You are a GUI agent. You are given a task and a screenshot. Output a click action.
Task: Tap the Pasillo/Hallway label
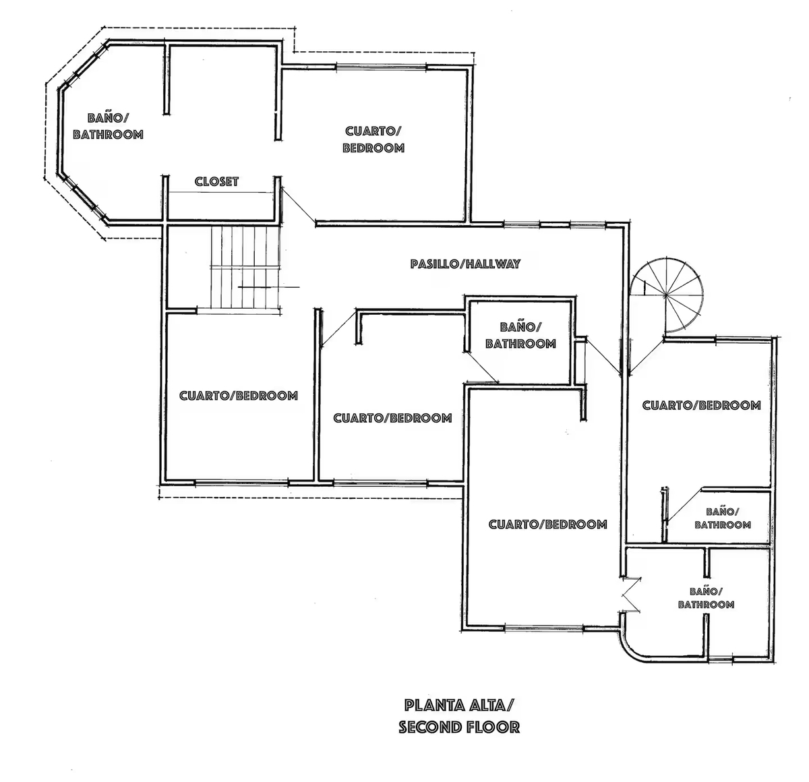pos(465,264)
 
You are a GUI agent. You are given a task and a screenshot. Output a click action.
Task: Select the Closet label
pos(216,181)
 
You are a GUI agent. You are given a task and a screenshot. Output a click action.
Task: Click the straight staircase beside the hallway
pos(245,268)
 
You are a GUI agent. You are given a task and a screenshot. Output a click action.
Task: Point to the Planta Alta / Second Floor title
pos(459,716)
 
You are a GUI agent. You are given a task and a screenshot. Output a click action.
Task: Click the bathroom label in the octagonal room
pos(108,126)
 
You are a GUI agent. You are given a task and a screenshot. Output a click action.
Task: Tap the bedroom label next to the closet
pos(373,140)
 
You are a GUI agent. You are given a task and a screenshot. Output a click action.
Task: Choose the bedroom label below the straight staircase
pos(239,395)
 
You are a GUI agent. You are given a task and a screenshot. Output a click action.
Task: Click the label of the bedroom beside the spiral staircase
pos(702,405)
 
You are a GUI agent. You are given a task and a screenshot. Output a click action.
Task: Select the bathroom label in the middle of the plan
pos(521,336)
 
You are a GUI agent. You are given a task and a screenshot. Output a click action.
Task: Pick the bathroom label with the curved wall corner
pos(706,598)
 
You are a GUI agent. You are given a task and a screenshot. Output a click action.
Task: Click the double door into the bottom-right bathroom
pos(631,595)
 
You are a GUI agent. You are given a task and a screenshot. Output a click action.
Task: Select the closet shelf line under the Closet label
pos(220,192)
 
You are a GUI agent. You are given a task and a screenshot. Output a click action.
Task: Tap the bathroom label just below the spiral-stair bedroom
pos(723,518)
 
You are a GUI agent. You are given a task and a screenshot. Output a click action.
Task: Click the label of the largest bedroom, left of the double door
pos(548,524)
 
